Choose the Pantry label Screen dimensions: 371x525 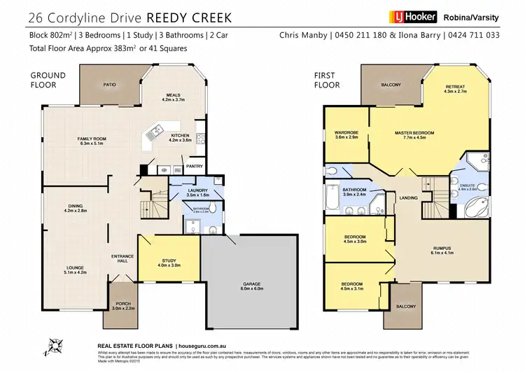(x=193, y=166)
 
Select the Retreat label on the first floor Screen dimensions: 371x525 (x=454, y=87)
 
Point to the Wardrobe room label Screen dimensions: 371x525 (x=346, y=132)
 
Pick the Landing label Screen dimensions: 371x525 (x=408, y=198)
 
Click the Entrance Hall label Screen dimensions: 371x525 (x=122, y=258)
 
